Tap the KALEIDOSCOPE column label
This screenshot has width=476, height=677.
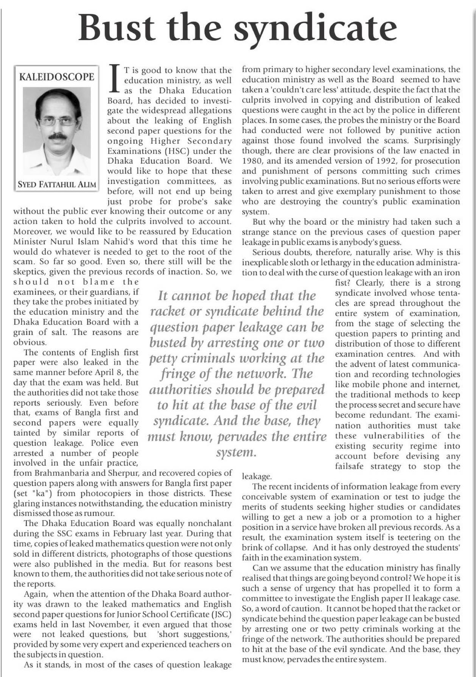pos(56,77)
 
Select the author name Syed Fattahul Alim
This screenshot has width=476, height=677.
pos(57,185)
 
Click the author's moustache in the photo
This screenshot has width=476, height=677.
pos(58,136)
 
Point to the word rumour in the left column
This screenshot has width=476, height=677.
pos(99,514)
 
